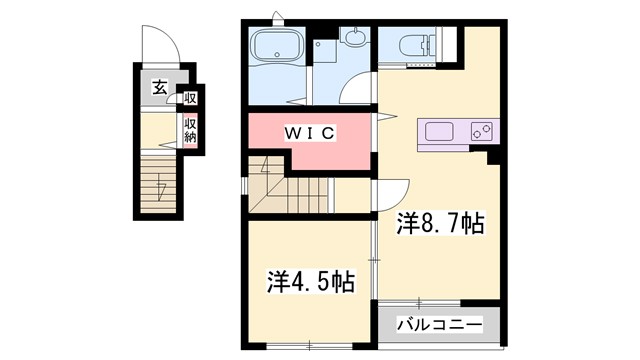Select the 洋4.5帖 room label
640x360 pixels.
coord(310,280)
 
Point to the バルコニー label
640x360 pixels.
coord(438,324)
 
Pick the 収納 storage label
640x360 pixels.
coord(189,130)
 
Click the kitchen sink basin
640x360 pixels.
coord(441,131)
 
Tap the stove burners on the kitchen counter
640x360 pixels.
coord(480,131)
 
